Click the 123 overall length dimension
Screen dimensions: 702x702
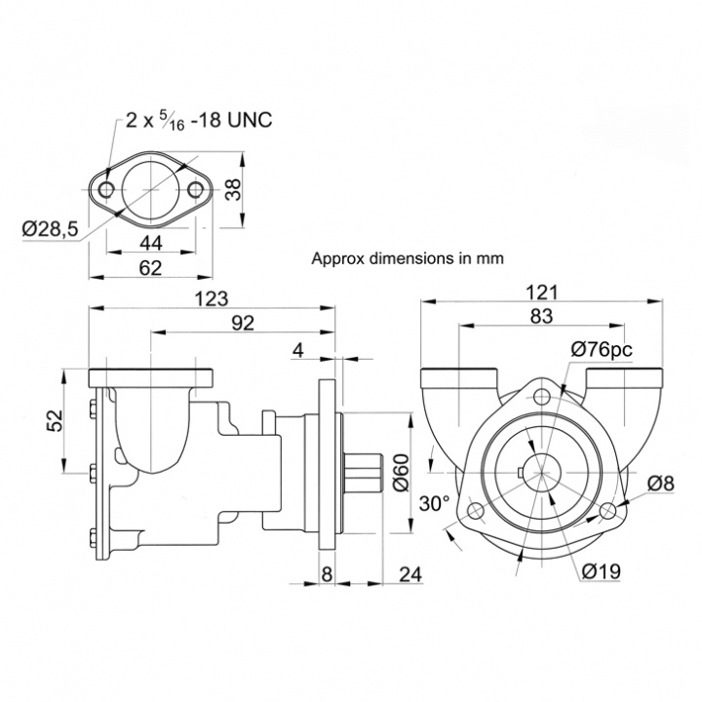[212, 297]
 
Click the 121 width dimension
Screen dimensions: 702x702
[541, 292]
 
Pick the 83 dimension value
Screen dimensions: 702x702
[542, 315]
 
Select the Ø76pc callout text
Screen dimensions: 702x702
[602, 348]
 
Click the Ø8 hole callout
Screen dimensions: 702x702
[662, 481]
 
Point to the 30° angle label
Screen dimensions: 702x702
[434, 504]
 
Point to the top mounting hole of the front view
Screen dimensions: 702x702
[542, 396]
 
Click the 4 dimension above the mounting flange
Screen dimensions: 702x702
[299, 349]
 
